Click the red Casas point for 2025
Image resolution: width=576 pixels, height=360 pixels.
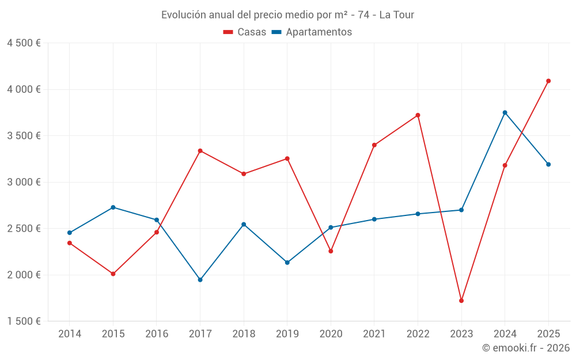[548, 81]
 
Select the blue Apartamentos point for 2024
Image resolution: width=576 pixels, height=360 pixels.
[505, 113]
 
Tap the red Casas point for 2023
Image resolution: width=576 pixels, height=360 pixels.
[461, 301]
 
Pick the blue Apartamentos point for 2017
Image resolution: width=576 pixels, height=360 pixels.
[200, 279]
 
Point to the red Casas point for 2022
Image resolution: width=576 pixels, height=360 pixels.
[418, 115]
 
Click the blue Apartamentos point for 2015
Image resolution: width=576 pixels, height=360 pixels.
[113, 207]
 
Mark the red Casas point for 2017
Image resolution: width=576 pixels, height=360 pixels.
[200, 150]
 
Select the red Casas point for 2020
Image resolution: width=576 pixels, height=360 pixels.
[331, 251]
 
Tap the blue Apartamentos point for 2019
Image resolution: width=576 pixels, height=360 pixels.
[287, 263]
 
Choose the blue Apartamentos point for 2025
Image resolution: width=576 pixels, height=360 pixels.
[548, 165]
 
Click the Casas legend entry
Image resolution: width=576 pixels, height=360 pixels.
[245, 32]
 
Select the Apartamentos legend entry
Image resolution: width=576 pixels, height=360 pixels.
[312, 32]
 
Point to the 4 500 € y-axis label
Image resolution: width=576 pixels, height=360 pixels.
[24, 43]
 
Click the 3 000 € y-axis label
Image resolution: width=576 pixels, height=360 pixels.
[24, 182]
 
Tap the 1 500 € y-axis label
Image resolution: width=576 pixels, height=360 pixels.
[24, 321]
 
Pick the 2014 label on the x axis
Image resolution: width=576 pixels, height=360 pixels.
[70, 334]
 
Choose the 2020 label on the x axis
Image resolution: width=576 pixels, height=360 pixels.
[331, 334]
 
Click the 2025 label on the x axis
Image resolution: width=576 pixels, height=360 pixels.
[548, 334]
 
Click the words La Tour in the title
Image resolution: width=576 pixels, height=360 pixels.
[397, 15]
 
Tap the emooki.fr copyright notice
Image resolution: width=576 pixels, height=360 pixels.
[526, 347]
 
